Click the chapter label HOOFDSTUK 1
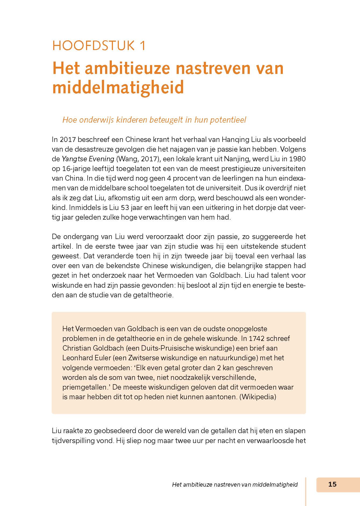coord(99,46)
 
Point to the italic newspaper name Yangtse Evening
coord(88,159)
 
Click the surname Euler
coord(100,358)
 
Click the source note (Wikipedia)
coord(258,397)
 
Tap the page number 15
coord(332,484)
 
